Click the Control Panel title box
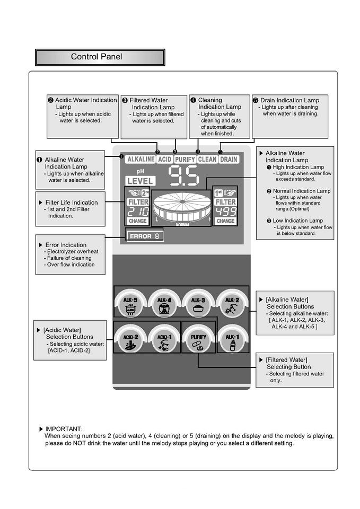coord(100,57)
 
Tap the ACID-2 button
coord(130,340)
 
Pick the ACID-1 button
coord(164,340)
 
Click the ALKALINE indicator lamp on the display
coord(141,159)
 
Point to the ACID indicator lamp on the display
coord(165,159)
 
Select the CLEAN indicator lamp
coord(207,159)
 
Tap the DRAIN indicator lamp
coord(229,159)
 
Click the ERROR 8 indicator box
coord(145,235)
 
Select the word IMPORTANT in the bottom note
coord(64,428)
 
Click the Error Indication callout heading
coord(66,245)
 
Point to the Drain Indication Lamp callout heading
coord(289,100)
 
